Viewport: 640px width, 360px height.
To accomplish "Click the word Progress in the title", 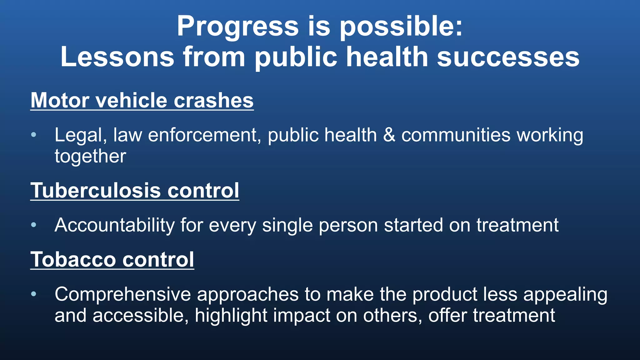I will click(x=237, y=27).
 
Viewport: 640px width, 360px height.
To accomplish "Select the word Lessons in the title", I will click(x=117, y=57).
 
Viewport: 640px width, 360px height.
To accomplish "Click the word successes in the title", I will click(x=508, y=57).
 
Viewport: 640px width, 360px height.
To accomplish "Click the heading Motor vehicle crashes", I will click(x=142, y=101).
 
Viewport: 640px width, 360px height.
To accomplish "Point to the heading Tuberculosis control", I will click(x=135, y=191).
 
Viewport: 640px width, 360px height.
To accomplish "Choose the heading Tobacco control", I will click(x=112, y=260).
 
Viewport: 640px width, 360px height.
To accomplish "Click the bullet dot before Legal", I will click(x=34, y=135).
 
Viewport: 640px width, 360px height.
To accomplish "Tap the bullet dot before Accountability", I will click(x=34, y=225).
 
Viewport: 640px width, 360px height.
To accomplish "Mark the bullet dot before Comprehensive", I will click(x=34, y=294).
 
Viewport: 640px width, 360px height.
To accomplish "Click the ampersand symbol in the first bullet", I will click(x=389, y=135).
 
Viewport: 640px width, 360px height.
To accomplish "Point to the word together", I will click(x=90, y=156).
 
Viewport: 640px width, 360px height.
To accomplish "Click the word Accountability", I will click(x=115, y=225).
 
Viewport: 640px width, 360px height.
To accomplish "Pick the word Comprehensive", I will click(x=123, y=294).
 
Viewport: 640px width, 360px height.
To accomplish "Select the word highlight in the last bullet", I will click(x=231, y=316).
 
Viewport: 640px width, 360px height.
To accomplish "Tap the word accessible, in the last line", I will click(x=141, y=316).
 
